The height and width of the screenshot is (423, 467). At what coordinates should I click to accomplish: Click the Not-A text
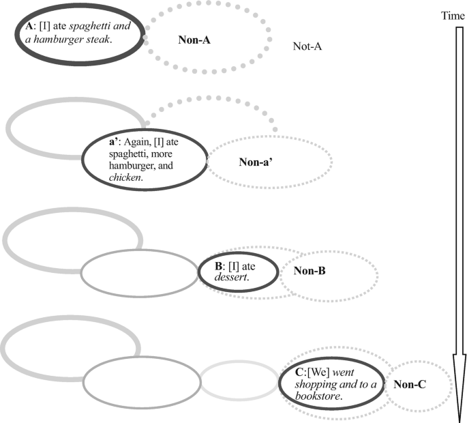(x=307, y=46)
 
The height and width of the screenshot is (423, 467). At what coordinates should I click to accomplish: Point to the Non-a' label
(x=257, y=162)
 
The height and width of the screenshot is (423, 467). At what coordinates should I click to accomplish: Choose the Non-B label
(x=310, y=271)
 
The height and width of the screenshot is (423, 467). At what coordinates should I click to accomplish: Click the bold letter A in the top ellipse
(x=28, y=26)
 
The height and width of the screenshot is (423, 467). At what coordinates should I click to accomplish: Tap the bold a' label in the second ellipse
(x=115, y=143)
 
